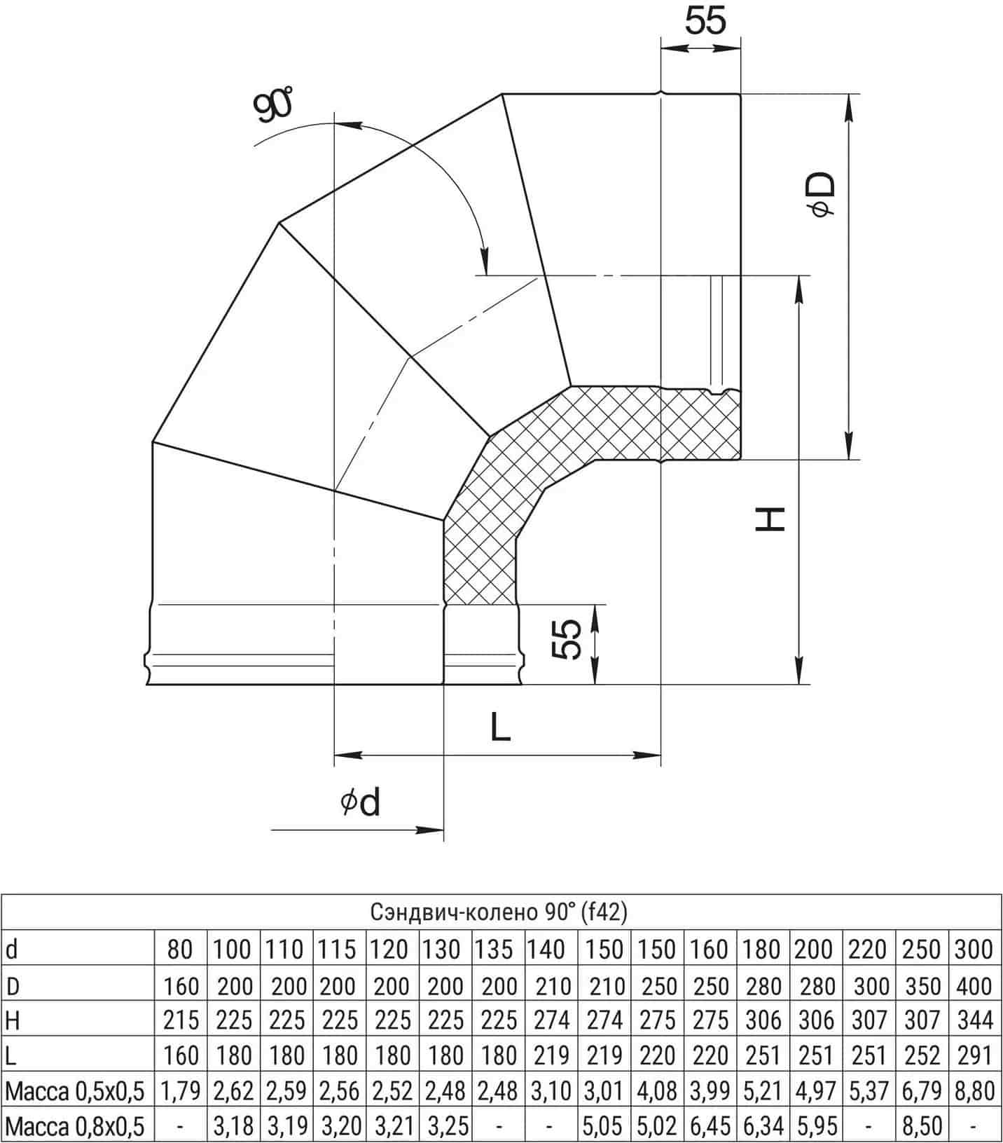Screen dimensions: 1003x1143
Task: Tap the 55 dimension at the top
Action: tap(705, 20)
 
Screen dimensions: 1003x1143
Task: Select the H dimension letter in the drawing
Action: tap(771, 519)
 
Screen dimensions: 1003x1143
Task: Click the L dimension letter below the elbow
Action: tap(500, 726)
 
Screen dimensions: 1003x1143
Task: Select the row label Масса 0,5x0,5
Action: tap(74, 1090)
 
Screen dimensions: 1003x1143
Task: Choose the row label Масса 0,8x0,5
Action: tap(74, 1125)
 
